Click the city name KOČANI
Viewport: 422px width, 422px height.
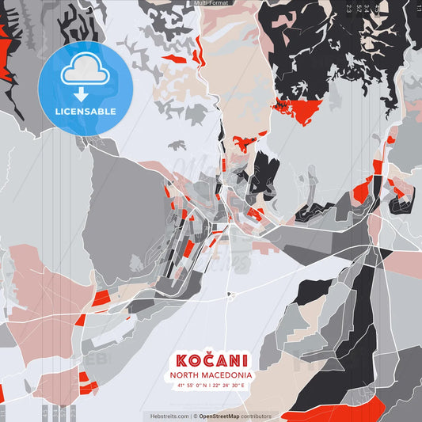tap(211, 359)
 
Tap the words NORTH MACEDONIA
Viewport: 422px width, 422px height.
tap(211, 374)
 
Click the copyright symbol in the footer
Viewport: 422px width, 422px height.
tap(196, 416)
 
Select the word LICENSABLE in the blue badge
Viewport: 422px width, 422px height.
tap(85, 111)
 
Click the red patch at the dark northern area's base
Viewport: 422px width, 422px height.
tap(298, 111)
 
